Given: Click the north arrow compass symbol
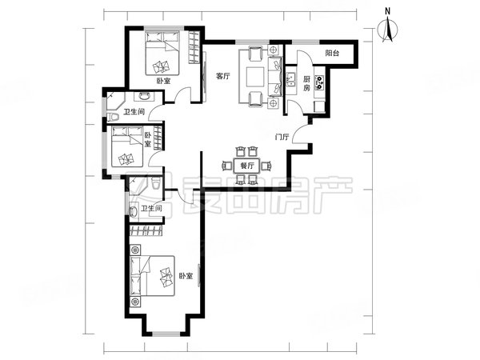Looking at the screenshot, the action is (387, 30).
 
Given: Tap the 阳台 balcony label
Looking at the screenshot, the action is (332, 54).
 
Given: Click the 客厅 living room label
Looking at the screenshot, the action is (222, 76).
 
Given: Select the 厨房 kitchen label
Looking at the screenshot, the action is (306, 83).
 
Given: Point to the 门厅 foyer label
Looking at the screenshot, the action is (282, 137).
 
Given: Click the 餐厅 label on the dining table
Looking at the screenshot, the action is (247, 166).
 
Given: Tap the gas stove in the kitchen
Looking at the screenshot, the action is (320, 82).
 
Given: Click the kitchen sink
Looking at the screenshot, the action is (290, 79).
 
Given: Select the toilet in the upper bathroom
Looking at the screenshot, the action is (114, 117).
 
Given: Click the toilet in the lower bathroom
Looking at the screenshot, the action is (155, 183).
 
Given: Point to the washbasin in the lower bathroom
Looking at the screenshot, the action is (133, 211).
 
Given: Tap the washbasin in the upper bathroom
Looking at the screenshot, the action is (144, 97).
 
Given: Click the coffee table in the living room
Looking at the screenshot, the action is (255, 77).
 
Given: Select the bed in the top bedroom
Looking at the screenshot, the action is (162, 54).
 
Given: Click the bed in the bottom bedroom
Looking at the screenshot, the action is (152, 276).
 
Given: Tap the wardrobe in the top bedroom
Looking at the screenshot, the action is (194, 47).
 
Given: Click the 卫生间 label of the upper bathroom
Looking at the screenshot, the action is (134, 112).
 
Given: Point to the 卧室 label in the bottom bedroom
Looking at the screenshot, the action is (186, 276).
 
